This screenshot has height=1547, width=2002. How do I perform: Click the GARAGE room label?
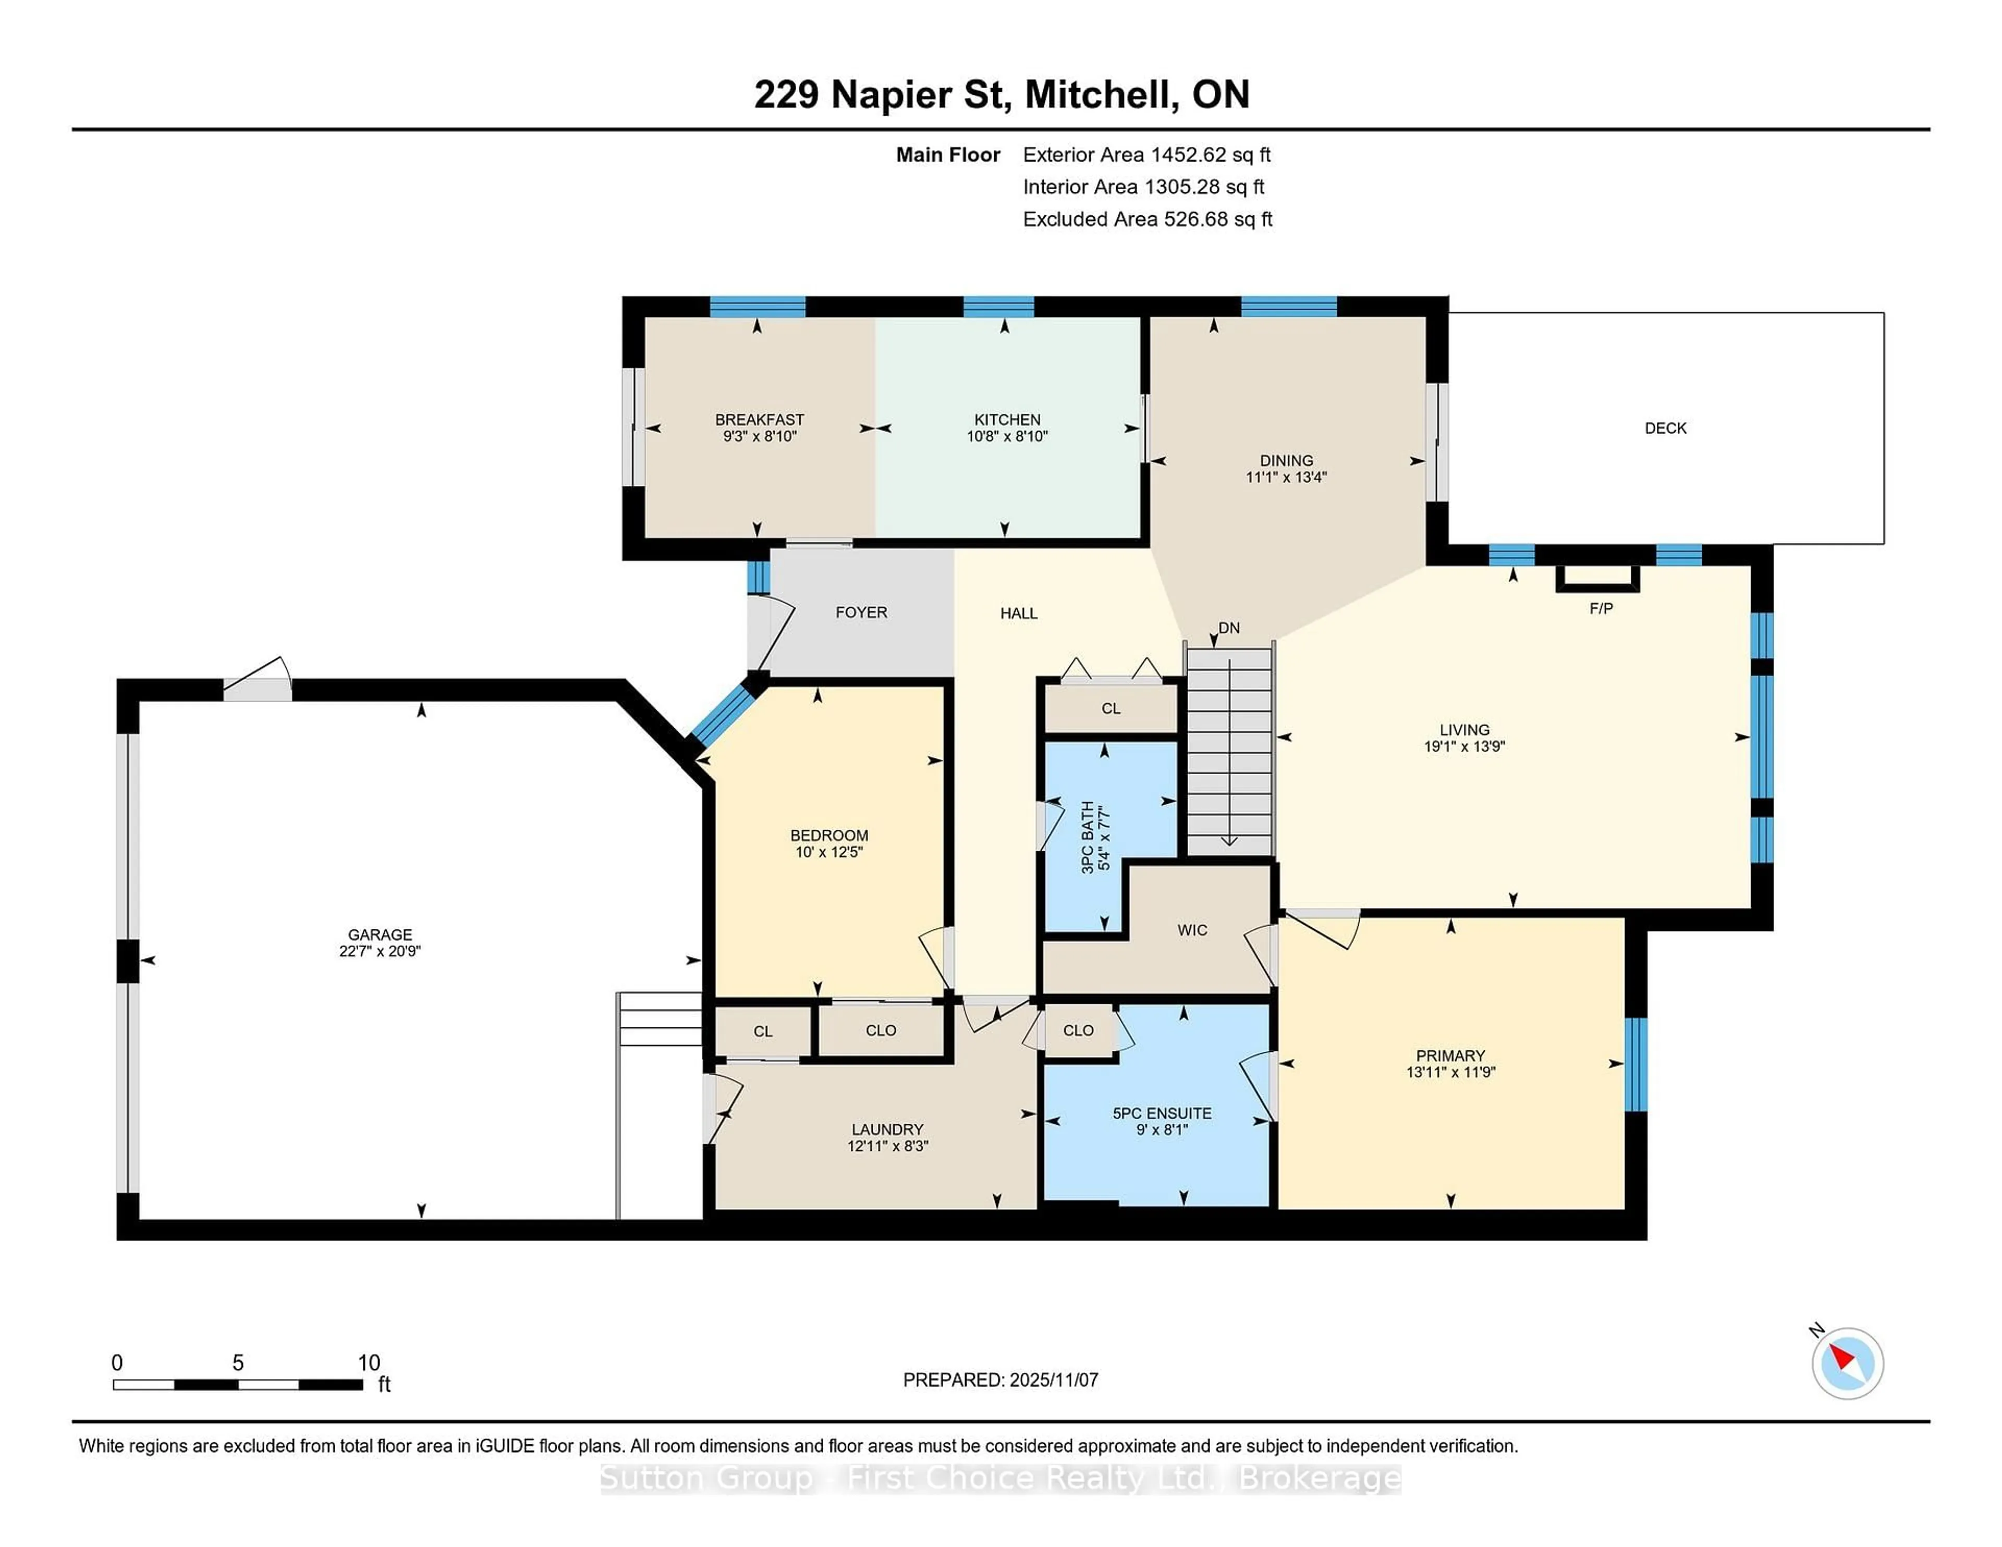[x=380, y=935]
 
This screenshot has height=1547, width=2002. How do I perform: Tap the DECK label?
[x=1665, y=428]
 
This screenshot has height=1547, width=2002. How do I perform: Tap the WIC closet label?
[x=1192, y=930]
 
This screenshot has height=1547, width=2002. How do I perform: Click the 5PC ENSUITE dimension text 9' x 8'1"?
[x=1162, y=1130]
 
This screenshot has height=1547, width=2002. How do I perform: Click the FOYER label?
[x=861, y=612]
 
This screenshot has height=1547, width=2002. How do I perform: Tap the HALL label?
[x=1018, y=613]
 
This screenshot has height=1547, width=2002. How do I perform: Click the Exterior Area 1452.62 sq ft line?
[x=1146, y=155]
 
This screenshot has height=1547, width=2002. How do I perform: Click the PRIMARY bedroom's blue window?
[x=1635, y=1064]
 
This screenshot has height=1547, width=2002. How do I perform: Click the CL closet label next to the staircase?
[x=1110, y=708]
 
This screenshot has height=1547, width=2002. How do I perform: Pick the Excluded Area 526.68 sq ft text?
[x=1147, y=219]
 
